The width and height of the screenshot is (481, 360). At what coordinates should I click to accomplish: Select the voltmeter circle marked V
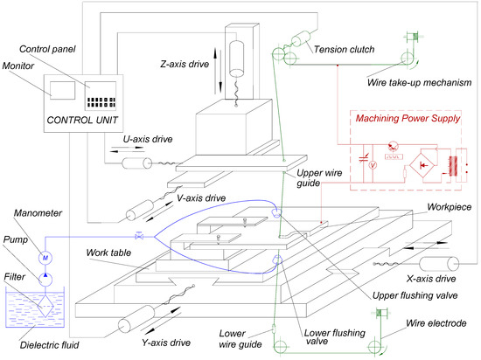coord(373,163)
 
